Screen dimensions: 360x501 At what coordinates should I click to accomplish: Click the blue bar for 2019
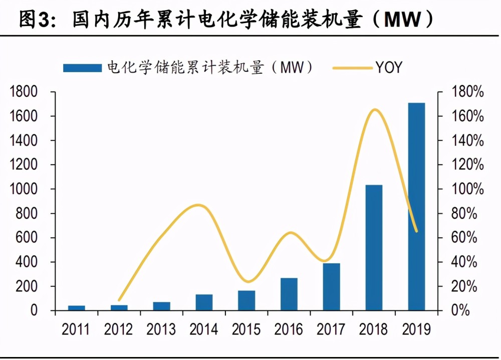point(416,207)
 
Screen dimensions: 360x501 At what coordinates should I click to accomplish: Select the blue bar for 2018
point(374,248)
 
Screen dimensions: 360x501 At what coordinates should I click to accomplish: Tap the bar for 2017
point(331,287)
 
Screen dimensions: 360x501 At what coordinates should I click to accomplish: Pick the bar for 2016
point(289,294)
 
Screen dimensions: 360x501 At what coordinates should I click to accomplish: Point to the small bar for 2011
point(76,308)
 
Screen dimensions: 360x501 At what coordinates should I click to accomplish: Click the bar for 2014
point(204,302)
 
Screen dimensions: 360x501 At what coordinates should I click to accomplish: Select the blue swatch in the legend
point(82,67)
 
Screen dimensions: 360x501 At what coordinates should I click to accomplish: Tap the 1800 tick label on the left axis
point(25,92)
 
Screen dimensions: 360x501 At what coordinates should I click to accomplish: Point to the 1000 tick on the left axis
point(25,190)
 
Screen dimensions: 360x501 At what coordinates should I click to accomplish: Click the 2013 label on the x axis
point(161,329)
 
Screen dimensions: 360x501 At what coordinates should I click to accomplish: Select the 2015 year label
point(246,329)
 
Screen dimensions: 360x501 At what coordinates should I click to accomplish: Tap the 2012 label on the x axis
point(119,329)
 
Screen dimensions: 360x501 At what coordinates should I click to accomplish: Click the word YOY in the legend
point(389,67)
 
